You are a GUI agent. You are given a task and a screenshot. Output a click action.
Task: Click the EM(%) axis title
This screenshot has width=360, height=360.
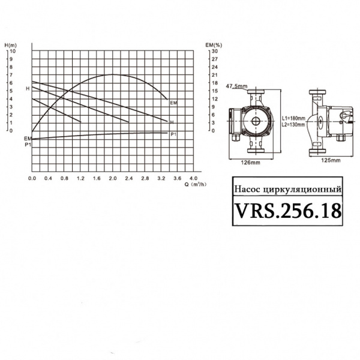pos(214,45)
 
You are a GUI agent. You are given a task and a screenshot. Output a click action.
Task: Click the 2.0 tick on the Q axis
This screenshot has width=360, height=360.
pos(112,179)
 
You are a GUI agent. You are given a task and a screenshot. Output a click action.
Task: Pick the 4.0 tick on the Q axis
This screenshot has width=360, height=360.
pos(193,179)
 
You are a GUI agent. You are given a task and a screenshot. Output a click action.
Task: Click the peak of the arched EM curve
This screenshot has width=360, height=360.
pos(113,74)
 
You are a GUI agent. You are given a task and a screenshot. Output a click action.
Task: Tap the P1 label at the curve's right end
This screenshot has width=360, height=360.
pos(173,134)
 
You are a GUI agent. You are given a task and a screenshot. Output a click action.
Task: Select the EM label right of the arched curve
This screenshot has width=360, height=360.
pos(173,104)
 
